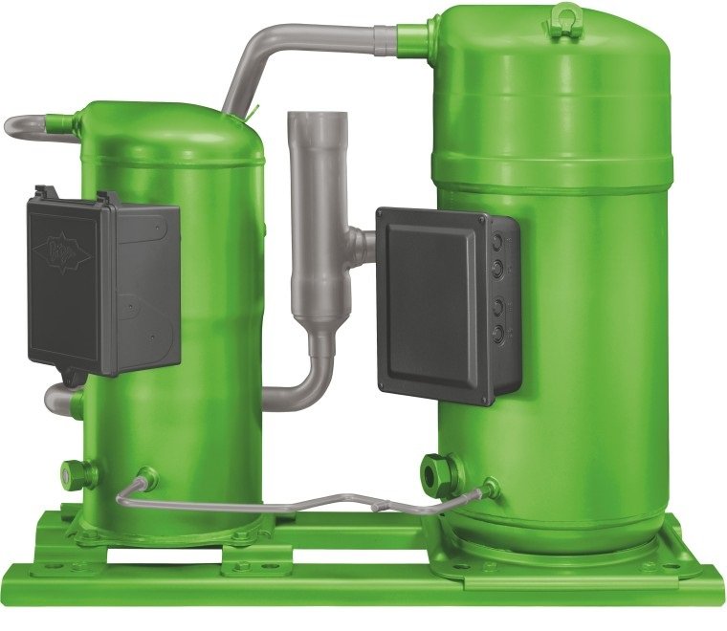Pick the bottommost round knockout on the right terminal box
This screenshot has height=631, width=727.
click(x=497, y=333)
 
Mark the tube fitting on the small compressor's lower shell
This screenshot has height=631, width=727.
click(x=147, y=476)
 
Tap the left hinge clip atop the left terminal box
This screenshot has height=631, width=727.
click(x=40, y=192)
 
